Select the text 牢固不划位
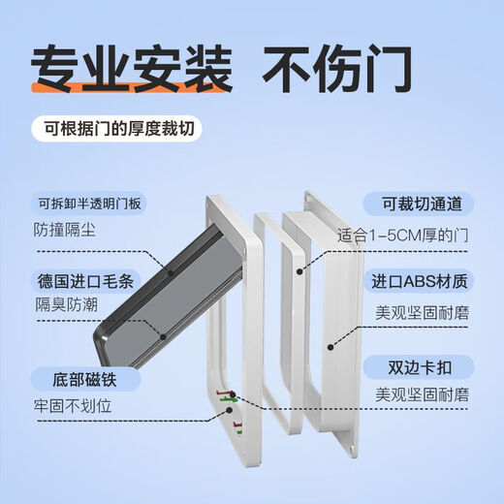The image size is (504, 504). click(74, 405)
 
